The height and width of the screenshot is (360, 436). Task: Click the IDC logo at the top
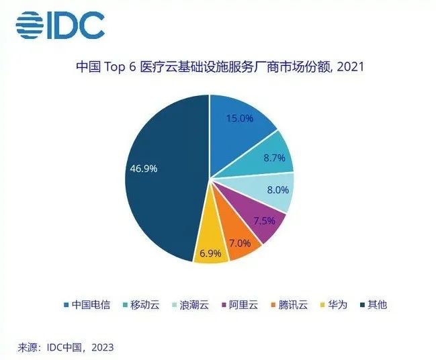point(60,26)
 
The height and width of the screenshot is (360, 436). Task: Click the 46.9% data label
point(143,169)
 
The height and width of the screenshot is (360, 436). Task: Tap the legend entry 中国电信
point(91,305)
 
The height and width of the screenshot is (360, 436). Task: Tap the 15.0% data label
point(239,118)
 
